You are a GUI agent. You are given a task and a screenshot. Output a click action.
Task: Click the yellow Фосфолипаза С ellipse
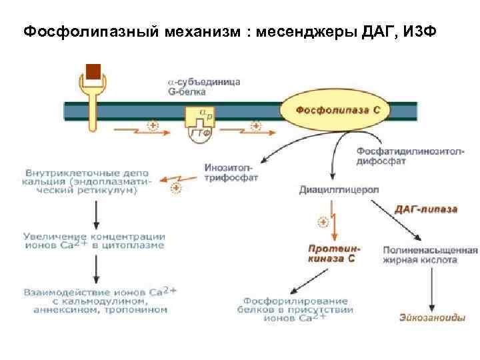click(338, 109)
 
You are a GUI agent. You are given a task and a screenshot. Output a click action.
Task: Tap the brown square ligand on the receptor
click(94, 71)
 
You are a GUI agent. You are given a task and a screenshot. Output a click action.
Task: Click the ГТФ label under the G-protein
click(200, 133)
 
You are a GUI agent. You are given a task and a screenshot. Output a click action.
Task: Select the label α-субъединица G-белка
click(203, 86)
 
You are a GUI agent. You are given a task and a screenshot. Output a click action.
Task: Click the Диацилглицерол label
click(338, 189)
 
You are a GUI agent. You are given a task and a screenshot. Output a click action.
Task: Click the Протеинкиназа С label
click(331, 253)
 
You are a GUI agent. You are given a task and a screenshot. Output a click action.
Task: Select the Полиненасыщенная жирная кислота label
click(430, 255)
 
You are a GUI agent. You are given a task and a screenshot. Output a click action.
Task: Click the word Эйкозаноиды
click(433, 317)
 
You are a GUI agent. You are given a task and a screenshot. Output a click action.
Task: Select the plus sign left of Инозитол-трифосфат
click(175, 189)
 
